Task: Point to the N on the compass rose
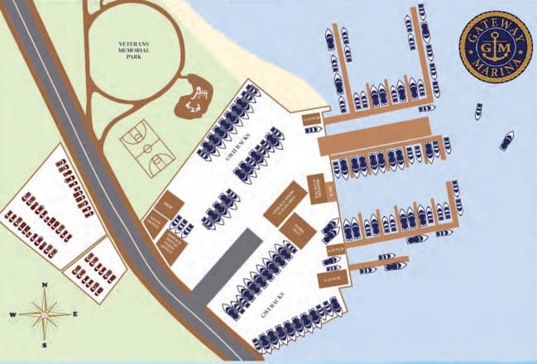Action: click(45, 286)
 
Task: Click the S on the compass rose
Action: click(44, 345)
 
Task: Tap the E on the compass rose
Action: click(75, 315)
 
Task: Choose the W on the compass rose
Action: click(13, 315)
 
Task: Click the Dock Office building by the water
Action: click(315, 187)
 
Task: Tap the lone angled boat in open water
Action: click(506, 141)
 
